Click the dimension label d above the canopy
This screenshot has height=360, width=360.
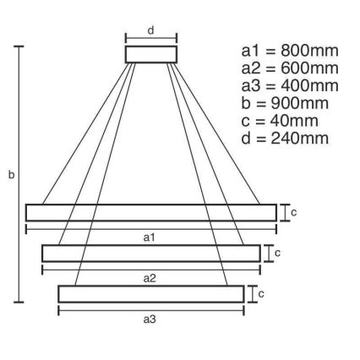[x=151, y=30]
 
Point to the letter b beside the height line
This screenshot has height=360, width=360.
[x=11, y=175]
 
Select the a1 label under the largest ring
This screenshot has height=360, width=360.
[x=150, y=237]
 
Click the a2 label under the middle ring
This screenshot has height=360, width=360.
[x=150, y=278]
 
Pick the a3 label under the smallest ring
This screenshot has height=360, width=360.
[x=150, y=319]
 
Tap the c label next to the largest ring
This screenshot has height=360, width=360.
[x=294, y=212]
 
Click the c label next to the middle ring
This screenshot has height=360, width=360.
[x=278, y=254]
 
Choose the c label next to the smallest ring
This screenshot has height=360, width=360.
[x=261, y=294]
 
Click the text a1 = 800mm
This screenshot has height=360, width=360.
[x=290, y=51]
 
